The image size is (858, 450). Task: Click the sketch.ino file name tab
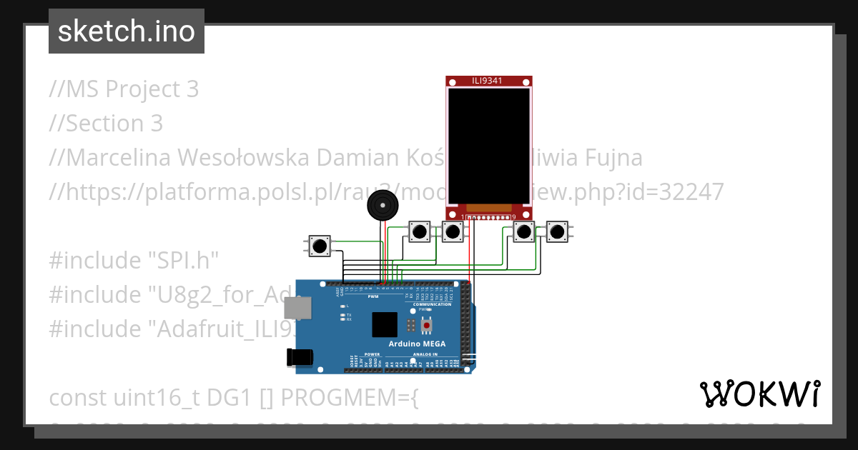coord(127,31)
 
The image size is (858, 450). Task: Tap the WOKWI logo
coord(759,394)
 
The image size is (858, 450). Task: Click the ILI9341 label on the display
coord(489,81)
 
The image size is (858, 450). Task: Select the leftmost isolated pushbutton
coord(320,246)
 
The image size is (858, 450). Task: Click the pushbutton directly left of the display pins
coord(452,231)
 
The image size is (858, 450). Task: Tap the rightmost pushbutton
coord(557,231)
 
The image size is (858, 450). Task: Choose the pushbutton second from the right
coord(524,231)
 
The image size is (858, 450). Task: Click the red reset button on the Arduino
coord(427,326)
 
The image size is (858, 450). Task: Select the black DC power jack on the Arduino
coord(299,356)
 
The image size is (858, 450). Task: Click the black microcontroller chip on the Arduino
coord(384,324)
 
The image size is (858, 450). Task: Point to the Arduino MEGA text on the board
coord(417,344)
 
